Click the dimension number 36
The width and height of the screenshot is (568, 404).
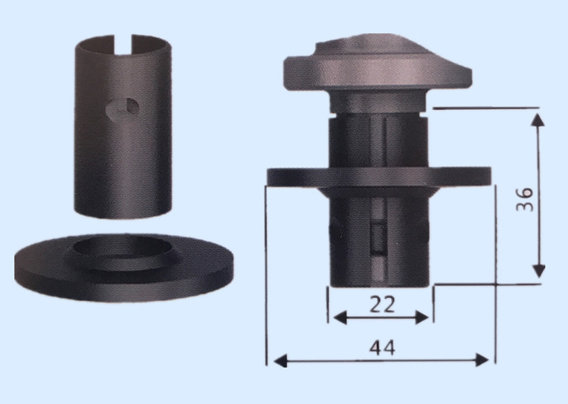pyautogui.click(x=525, y=199)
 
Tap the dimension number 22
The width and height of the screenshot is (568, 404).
pyautogui.click(x=382, y=304)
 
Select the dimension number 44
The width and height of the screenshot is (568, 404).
pyautogui.click(x=382, y=348)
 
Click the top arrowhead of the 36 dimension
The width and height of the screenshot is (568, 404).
pyautogui.click(x=538, y=119)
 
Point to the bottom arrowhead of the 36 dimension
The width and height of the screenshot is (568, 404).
pyautogui.click(x=539, y=271)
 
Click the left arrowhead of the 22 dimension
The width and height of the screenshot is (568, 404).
pyautogui.click(x=339, y=318)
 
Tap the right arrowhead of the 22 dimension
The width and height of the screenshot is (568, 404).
pyautogui.click(x=422, y=318)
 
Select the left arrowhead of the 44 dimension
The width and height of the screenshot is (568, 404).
pyautogui.click(x=280, y=361)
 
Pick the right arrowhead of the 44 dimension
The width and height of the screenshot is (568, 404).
pyautogui.click(x=482, y=360)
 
